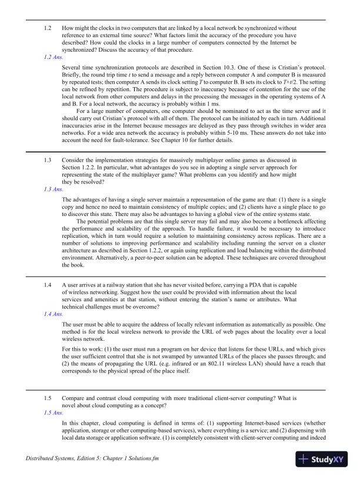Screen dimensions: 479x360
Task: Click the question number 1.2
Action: [x=48, y=28]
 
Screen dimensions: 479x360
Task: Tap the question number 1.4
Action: [x=48, y=285]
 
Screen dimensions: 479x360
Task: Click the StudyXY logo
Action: [x=323, y=458]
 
